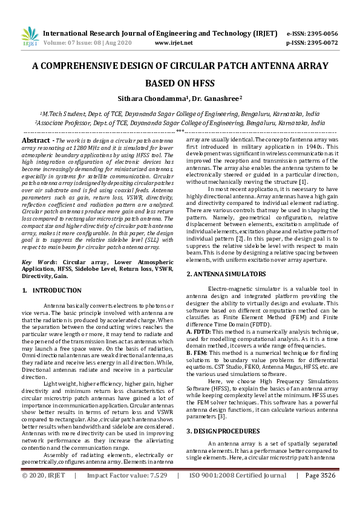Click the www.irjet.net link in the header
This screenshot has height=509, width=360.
[174, 43]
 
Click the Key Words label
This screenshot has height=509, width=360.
[38, 262]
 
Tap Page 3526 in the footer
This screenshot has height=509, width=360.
[320, 492]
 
